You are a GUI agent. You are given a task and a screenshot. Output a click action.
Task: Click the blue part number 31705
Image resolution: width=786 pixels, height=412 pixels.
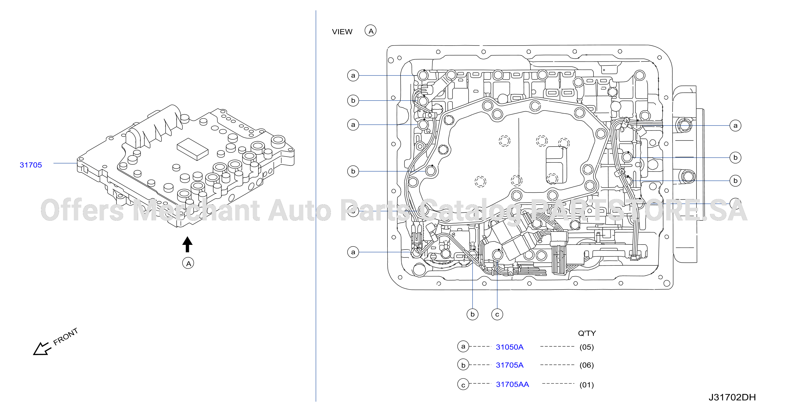click(31, 165)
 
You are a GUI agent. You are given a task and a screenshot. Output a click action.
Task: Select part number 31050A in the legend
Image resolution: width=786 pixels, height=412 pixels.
click(509, 347)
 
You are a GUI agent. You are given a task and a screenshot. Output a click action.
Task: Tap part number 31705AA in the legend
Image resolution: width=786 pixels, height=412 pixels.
click(512, 384)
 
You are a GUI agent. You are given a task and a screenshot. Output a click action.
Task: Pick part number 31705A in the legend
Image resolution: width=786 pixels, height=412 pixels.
click(509, 365)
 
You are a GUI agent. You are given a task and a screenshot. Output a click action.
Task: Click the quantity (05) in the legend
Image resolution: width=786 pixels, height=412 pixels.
click(586, 347)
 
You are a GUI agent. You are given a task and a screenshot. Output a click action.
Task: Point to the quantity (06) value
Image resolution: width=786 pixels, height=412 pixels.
click(586, 365)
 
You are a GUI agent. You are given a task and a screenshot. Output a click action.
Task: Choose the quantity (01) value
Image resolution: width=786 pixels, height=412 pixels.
click(586, 385)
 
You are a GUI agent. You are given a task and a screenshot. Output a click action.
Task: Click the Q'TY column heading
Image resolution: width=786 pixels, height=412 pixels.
click(587, 333)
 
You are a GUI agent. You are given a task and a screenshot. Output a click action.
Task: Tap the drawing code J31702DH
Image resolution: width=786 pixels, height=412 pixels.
click(732, 397)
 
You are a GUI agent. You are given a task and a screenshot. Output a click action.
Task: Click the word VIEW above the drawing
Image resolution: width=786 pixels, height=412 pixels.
click(342, 32)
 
